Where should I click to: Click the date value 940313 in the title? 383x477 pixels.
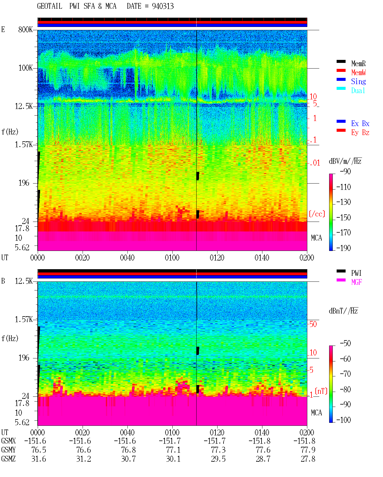coord(162,6)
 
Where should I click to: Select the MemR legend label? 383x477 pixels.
coord(358,63)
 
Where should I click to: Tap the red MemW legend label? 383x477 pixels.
coord(358,72)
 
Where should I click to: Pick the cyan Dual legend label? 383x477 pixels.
coord(358,90)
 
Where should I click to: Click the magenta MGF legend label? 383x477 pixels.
coord(356,282)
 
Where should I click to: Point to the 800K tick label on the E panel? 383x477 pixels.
coord(25,29)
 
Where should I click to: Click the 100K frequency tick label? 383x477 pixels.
coord(25,68)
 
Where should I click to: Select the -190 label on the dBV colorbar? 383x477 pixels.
coord(344,248)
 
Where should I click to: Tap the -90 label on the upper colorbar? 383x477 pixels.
coord(345,171)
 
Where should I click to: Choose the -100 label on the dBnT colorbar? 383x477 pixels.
coord(344,420)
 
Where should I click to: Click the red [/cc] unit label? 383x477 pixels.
coord(317,214)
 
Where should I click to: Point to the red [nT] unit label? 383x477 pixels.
coord(321,391)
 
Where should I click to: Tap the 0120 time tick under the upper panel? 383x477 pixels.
coord(217,258)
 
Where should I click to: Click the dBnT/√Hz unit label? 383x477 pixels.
coord(344,311)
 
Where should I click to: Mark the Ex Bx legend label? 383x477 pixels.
coord(360,123)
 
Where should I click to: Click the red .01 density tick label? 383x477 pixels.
coord(315,163)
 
